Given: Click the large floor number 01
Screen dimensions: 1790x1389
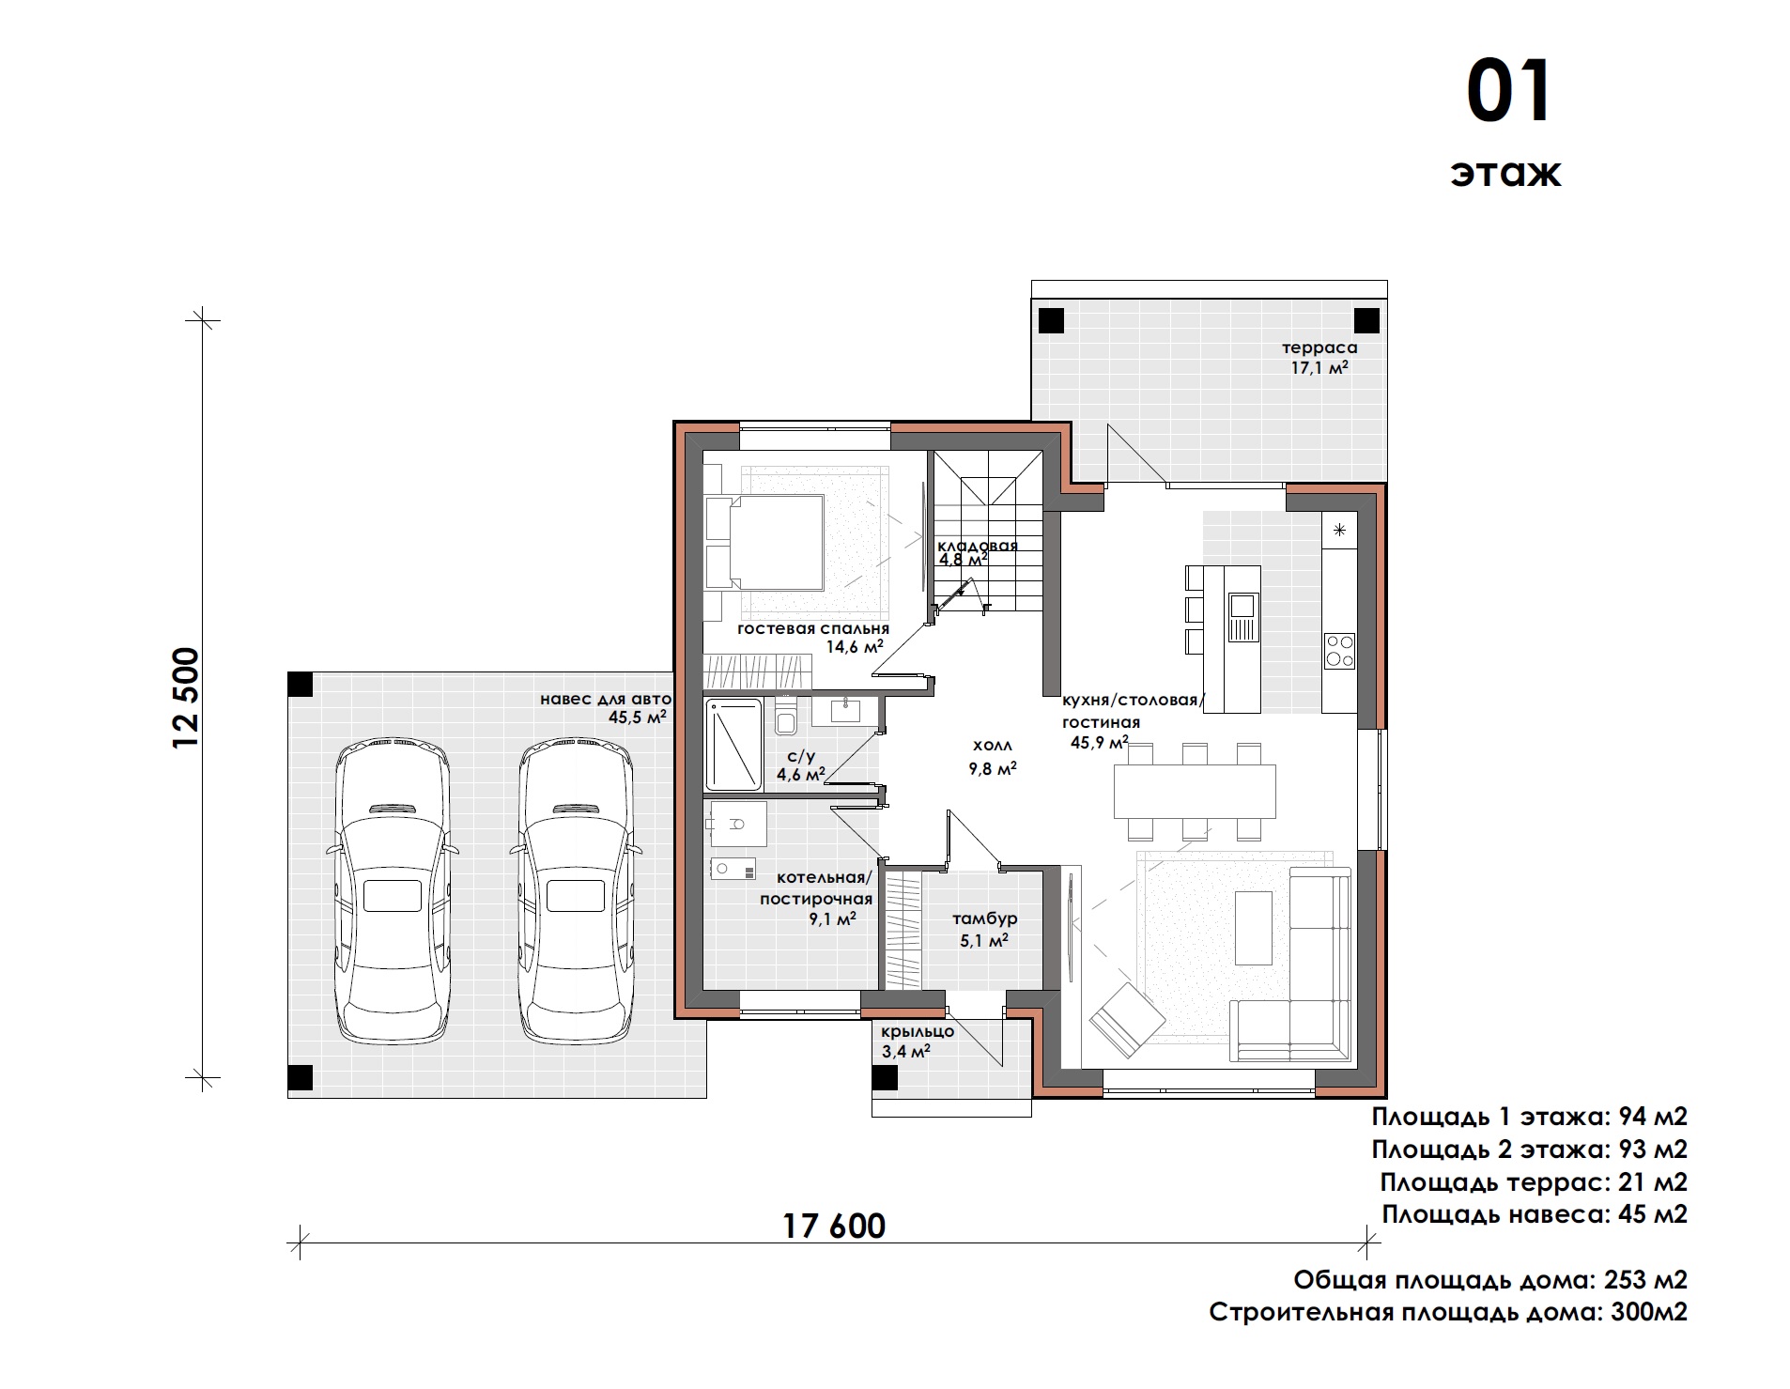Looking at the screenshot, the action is pyautogui.click(x=1510, y=93).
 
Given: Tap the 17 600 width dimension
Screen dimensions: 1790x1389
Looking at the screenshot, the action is pyautogui.click(x=834, y=1226).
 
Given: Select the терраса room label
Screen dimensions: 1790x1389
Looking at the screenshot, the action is pyautogui.click(x=1319, y=347).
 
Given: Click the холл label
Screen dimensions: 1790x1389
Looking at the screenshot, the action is pyautogui.click(x=993, y=746).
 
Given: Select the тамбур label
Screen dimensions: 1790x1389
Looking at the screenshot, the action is pyautogui.click(x=984, y=918).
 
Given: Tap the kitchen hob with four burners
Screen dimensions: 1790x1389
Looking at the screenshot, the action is pyautogui.click(x=1339, y=650).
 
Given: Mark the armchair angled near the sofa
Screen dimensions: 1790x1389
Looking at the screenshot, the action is pyautogui.click(x=1126, y=1019).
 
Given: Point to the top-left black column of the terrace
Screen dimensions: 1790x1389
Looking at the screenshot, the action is pyautogui.click(x=1052, y=320).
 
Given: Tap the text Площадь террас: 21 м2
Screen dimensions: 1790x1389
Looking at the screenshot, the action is pyautogui.click(x=1534, y=1181).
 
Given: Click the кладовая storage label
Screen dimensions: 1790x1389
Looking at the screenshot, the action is pyautogui.click(x=978, y=546).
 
